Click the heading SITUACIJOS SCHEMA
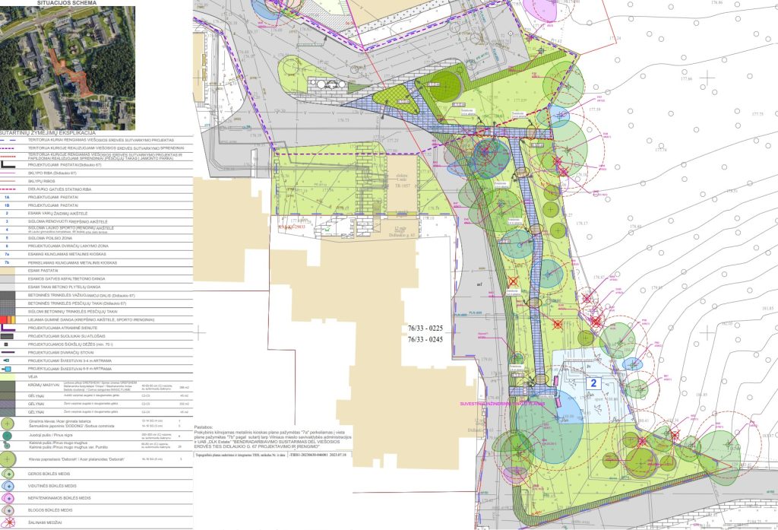[x=68, y=3]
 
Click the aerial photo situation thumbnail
[x=68, y=64]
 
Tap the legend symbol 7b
[x=7, y=262]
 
